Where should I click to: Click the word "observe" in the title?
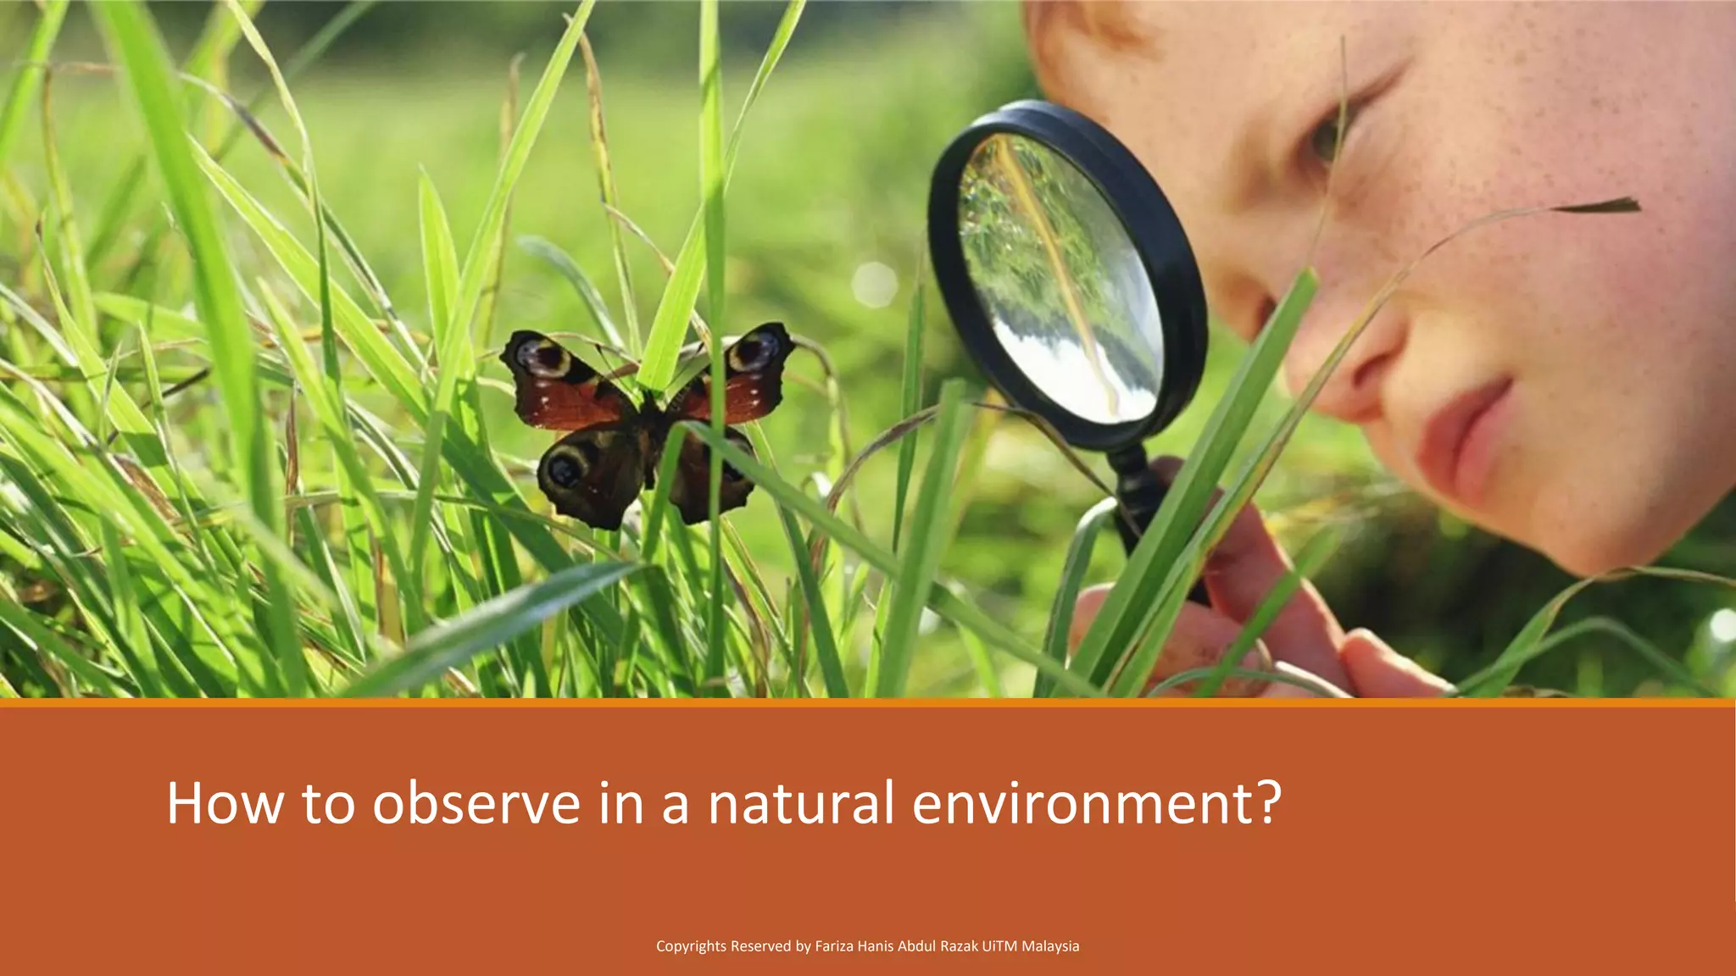[476, 803]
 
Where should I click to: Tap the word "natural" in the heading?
[801, 803]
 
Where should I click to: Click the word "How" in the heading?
[225, 803]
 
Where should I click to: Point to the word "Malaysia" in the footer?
[1050, 946]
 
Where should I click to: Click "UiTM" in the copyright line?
[999, 946]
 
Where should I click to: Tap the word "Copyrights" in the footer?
[691, 946]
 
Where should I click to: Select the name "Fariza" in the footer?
[834, 946]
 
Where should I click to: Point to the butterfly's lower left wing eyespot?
[565, 469]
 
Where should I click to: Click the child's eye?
[1331, 136]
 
